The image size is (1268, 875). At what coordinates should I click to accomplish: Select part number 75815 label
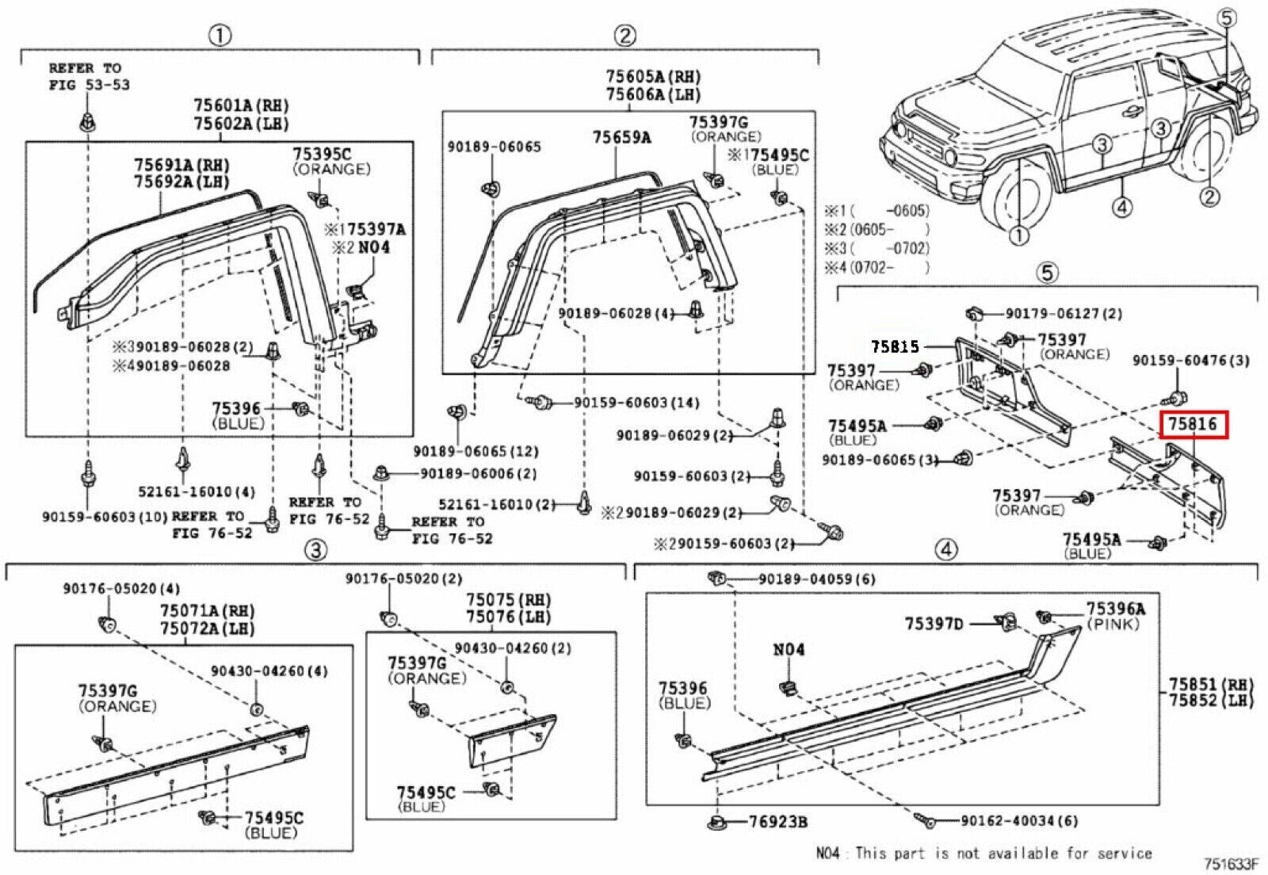(895, 346)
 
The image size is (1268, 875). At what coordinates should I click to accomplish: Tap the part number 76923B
(777, 822)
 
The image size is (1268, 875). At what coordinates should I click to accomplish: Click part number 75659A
(621, 138)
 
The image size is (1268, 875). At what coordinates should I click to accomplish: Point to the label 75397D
(934, 624)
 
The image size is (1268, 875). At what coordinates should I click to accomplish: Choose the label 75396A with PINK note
(1115, 609)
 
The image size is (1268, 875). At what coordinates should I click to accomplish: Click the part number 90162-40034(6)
(1018, 821)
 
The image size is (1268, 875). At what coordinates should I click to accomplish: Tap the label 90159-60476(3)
(1190, 361)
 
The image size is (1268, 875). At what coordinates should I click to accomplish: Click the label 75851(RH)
(1211, 684)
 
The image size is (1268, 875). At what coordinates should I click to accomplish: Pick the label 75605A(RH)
(653, 77)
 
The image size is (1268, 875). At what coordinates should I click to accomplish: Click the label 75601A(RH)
(241, 105)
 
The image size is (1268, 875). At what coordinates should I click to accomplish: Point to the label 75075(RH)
(508, 600)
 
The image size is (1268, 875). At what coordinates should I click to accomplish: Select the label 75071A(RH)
(207, 611)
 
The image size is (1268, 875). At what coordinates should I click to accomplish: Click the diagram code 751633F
(1231, 864)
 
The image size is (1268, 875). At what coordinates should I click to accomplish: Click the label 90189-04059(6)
(816, 579)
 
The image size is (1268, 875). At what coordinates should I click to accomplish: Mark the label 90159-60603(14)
(636, 403)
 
